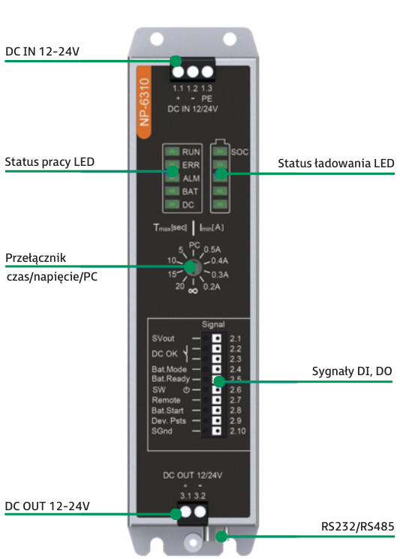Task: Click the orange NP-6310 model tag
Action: [144, 102]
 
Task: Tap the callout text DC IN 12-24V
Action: [43, 52]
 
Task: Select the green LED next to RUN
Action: [172, 152]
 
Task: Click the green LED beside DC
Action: [172, 204]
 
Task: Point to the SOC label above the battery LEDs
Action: [239, 152]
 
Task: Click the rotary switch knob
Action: [193, 267]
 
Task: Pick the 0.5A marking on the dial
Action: [212, 249]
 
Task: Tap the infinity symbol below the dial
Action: [193, 291]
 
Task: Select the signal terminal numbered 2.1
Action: [216, 338]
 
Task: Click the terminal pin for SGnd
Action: [216, 431]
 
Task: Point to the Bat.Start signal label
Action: [167, 410]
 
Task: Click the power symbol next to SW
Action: [186, 390]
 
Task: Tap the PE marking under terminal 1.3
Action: [207, 99]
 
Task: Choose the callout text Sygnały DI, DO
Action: [352, 371]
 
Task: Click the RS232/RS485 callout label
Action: [357, 527]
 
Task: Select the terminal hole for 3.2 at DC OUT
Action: [200, 512]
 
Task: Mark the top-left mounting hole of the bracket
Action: [157, 38]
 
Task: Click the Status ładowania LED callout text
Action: [335, 164]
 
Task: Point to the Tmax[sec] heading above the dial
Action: [170, 227]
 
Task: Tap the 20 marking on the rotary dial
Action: [180, 287]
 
